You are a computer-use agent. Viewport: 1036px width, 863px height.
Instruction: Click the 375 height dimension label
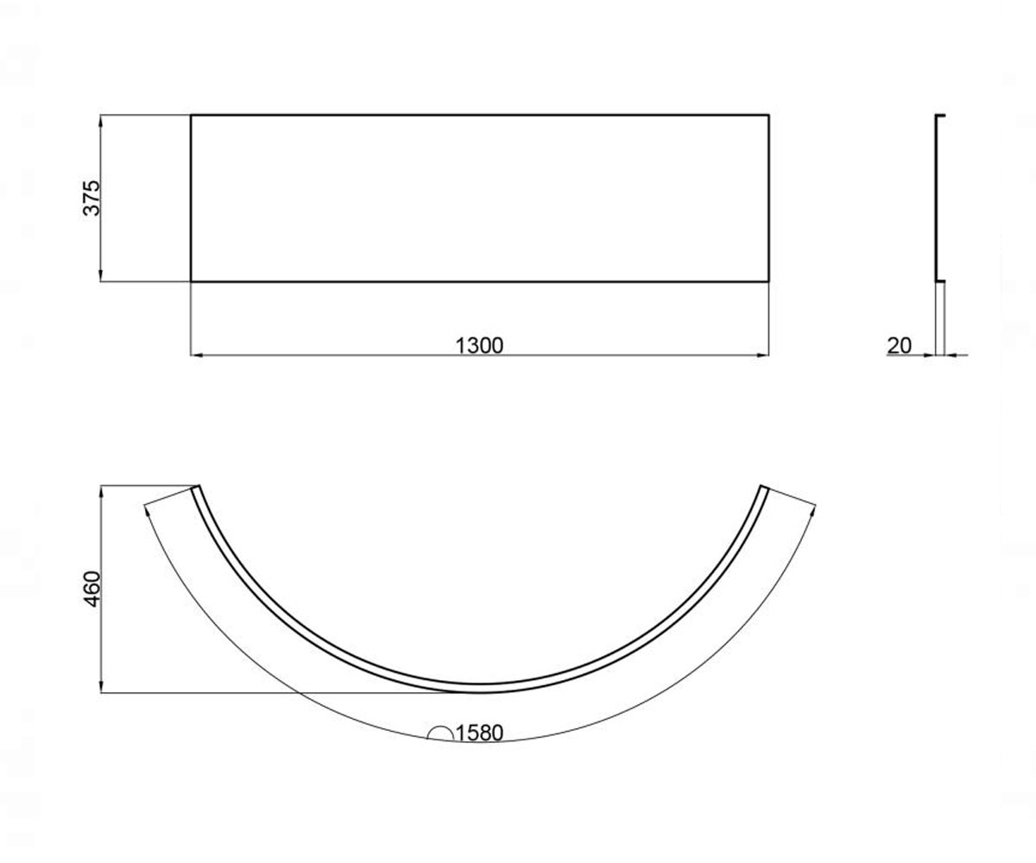pos(92,198)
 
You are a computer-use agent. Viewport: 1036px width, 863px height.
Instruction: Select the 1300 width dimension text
pos(479,346)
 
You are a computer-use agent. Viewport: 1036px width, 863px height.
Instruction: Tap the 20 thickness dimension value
pos(900,346)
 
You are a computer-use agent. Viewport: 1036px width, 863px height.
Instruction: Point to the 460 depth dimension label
pos(92,589)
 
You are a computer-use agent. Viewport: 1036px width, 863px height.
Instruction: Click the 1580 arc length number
pos(479,733)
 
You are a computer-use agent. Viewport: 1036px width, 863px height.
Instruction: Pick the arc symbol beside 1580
pos(440,734)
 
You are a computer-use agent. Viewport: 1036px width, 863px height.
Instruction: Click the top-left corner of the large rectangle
pos(191,115)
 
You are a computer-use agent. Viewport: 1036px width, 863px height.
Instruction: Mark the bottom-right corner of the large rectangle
pos(769,281)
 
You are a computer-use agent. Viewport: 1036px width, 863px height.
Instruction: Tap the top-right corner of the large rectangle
pos(769,115)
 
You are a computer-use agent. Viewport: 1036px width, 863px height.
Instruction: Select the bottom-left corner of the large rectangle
pos(191,281)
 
